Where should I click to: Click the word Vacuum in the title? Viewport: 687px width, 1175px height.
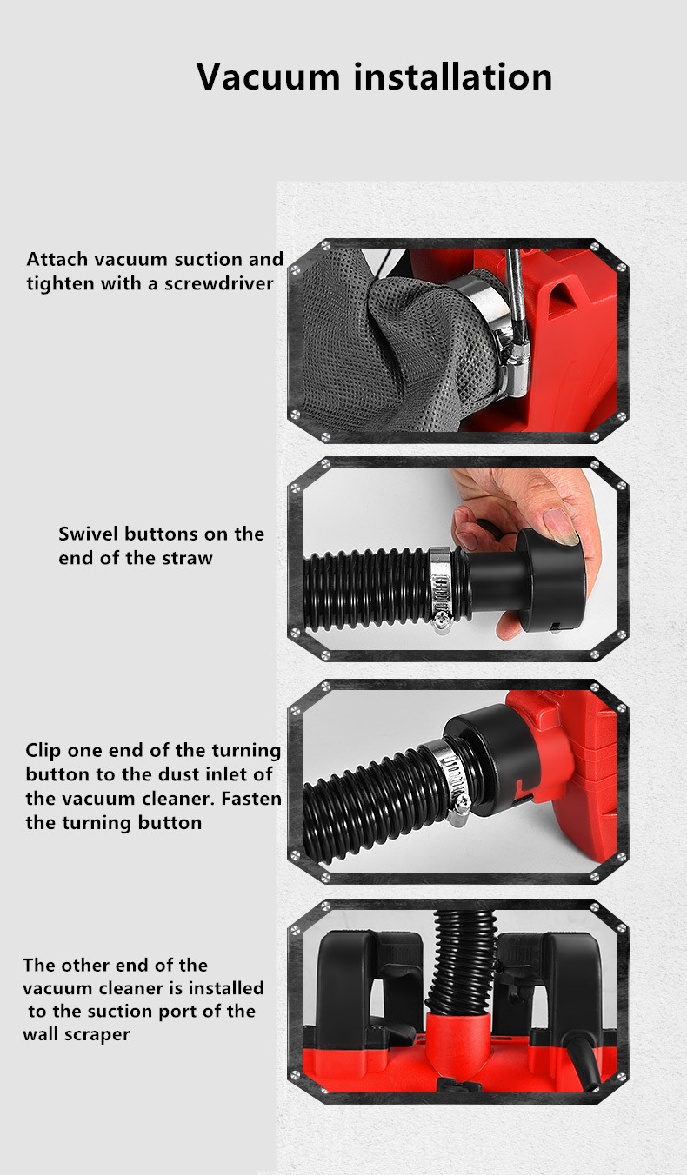coord(268,77)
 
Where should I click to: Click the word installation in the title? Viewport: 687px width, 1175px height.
coord(452,76)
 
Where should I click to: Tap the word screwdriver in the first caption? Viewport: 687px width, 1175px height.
coord(219,284)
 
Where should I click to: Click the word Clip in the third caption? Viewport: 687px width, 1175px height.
coord(43,751)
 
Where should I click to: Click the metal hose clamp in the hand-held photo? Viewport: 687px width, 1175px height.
coord(441,588)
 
